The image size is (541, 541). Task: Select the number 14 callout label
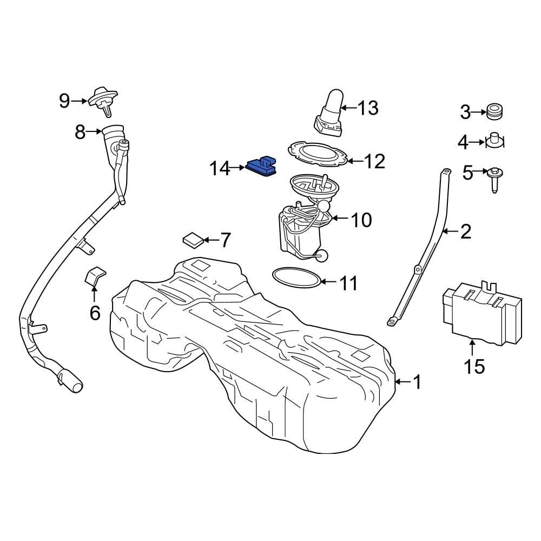220,169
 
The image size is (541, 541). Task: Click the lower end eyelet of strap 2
391,322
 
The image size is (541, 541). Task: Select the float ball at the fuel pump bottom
323,256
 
